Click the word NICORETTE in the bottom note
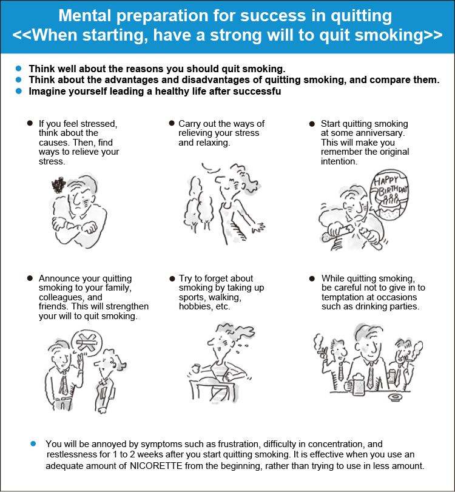tap(156, 466)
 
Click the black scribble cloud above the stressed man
tap(59, 185)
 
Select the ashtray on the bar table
tap(396, 397)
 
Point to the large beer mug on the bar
tap(356, 384)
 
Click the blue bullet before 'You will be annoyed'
tap(33, 443)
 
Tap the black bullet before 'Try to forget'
tap(172, 278)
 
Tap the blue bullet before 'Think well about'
tap(19, 69)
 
